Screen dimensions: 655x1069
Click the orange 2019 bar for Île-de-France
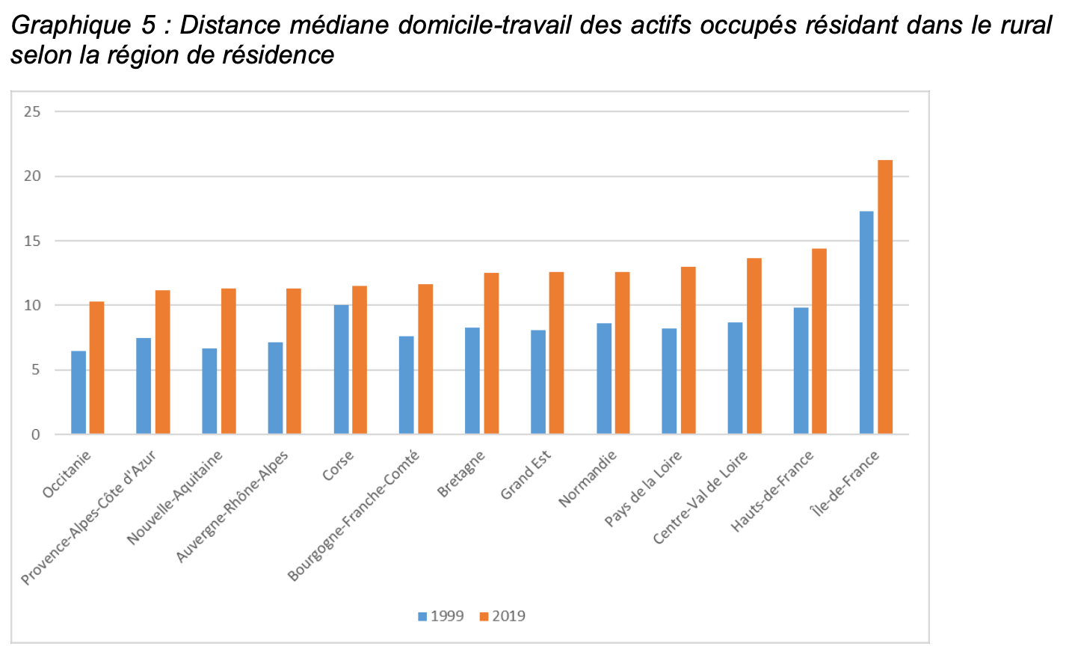point(885,297)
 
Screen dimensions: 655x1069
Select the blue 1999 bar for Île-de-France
point(866,322)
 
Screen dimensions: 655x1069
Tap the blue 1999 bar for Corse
point(341,369)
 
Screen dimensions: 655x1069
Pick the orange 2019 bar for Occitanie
point(96,367)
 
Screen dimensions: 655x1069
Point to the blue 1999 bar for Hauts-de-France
point(801,370)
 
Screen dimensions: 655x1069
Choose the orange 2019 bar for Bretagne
point(491,353)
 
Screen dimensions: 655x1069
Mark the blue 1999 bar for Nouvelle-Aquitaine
point(209,391)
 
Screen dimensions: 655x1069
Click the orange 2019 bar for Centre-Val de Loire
point(754,345)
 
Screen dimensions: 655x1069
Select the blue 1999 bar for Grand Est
point(538,381)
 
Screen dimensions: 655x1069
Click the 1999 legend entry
point(441,616)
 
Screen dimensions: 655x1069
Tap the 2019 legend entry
point(502,616)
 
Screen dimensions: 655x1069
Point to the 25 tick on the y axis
point(32,112)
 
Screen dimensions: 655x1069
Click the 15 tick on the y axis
point(32,242)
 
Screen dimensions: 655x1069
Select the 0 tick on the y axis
point(36,434)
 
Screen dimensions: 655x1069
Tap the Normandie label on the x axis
point(588,479)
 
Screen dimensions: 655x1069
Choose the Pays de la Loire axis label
point(644,489)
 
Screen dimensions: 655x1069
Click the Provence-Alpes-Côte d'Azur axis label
point(89,517)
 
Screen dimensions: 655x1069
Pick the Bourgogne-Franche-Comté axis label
point(354,515)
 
